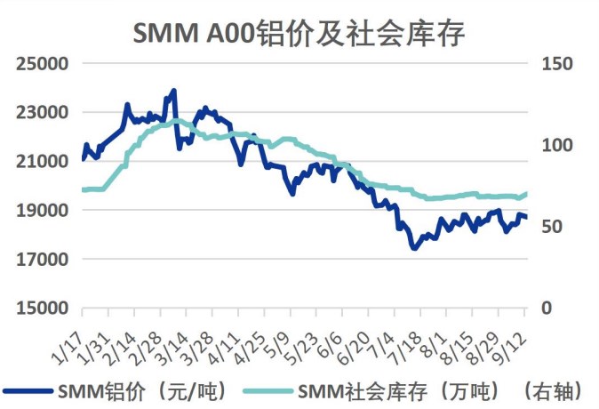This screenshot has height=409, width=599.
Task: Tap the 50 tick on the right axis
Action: (x=556, y=227)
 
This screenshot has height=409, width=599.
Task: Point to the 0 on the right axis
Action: (x=552, y=309)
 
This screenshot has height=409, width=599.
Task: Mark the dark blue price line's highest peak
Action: (x=173, y=91)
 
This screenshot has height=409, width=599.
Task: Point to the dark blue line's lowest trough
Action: (x=413, y=248)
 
